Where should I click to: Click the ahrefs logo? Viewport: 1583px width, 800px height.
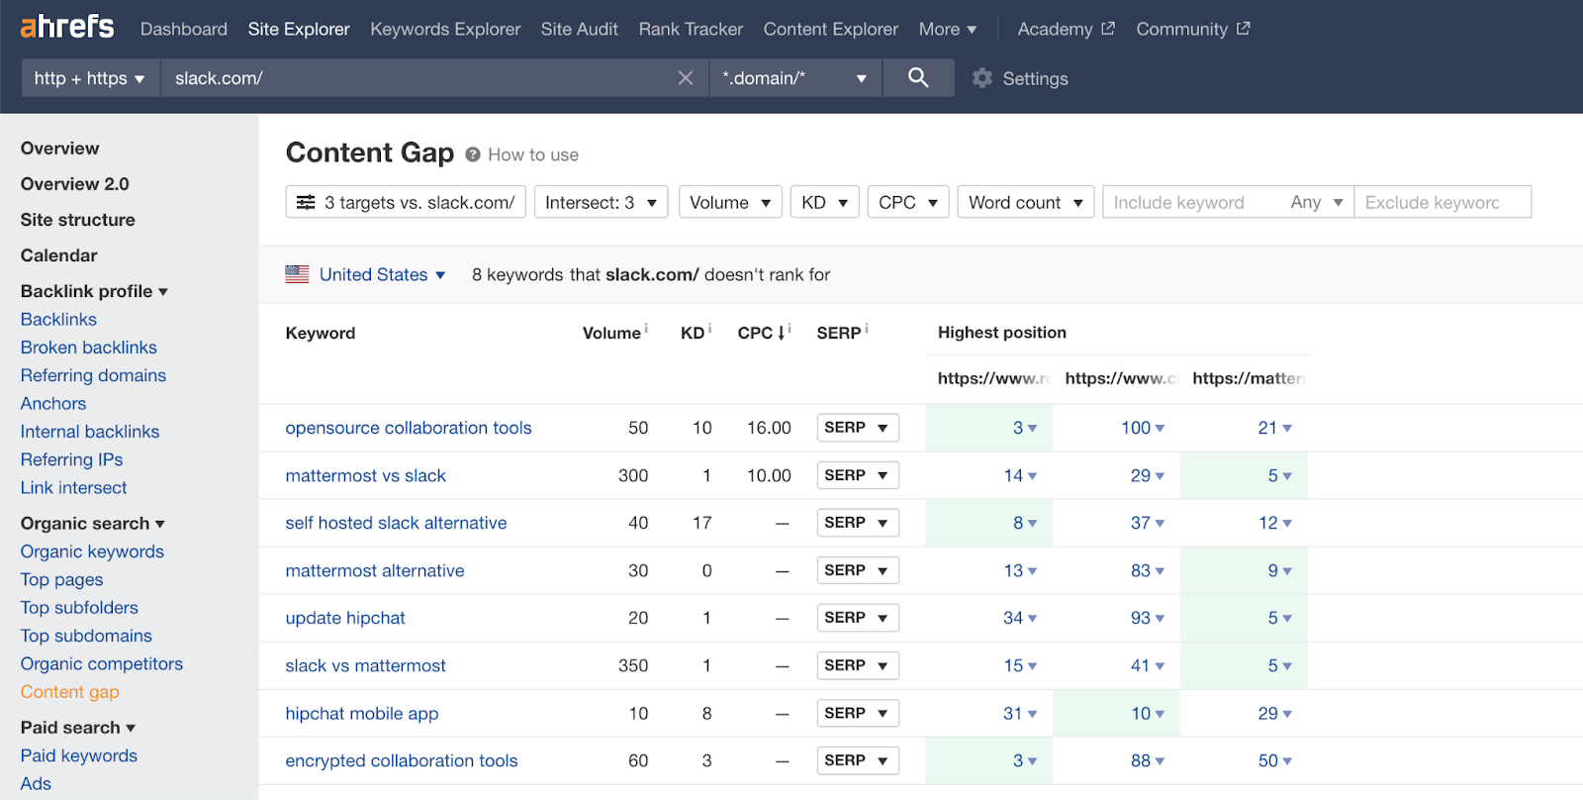[67, 27]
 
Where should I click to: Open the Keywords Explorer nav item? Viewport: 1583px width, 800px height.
[445, 29]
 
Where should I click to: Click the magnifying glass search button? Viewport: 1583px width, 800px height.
[918, 77]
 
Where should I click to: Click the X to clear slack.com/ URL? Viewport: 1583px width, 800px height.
[686, 77]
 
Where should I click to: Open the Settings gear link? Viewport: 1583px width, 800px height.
[1020, 78]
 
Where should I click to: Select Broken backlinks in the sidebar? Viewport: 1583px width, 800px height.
[88, 348]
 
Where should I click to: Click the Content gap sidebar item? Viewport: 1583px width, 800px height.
[69, 692]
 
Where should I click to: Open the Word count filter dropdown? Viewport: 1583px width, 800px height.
[1025, 202]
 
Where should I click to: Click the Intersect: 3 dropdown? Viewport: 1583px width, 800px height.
[601, 202]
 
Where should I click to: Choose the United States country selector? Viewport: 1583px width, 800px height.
[373, 274]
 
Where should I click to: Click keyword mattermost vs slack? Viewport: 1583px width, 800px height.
[365, 475]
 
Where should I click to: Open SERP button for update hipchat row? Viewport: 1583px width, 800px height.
[857, 618]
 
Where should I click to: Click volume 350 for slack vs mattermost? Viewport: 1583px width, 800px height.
[633, 665]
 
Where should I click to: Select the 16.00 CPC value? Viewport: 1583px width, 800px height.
[769, 428]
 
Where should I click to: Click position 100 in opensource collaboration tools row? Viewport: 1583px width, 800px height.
[1136, 428]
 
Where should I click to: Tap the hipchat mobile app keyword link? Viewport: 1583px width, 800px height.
[361, 713]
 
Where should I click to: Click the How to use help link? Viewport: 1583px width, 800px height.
[532, 154]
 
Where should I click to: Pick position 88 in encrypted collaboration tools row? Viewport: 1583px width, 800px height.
[1141, 760]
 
